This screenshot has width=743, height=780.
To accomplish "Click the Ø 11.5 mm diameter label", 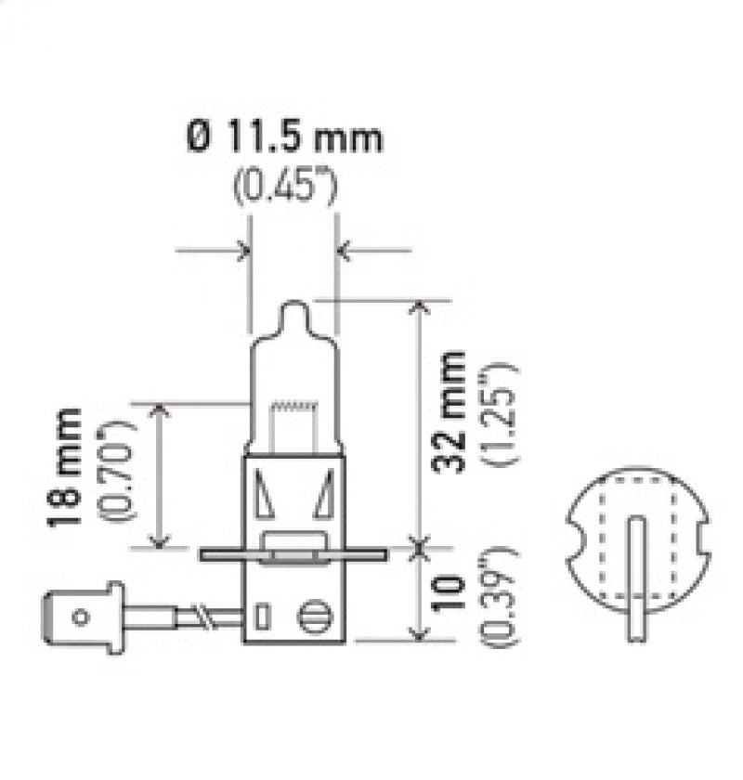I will click(284, 138).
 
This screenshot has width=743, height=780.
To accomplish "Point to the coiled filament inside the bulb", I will click(293, 405).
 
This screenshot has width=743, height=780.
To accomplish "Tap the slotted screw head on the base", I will click(314, 616).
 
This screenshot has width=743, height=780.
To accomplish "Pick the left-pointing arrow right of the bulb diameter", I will click(343, 249).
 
